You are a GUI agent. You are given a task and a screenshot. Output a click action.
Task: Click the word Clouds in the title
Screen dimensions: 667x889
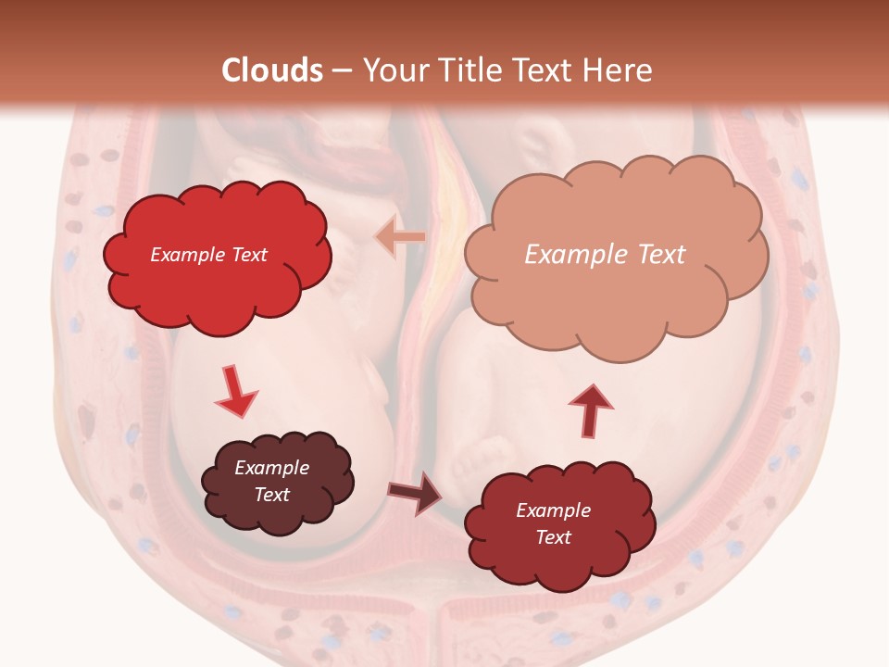click(272, 70)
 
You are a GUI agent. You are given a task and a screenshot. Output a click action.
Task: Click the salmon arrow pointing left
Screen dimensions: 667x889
click(400, 237)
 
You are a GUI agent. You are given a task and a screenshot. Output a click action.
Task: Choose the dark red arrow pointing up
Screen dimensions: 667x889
click(590, 409)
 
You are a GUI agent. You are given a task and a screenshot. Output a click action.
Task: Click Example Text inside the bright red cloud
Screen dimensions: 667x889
click(208, 255)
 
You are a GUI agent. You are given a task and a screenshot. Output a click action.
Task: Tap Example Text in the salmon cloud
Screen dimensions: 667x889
click(605, 255)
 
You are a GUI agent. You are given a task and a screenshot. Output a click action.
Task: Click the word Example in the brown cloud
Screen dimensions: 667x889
click(271, 468)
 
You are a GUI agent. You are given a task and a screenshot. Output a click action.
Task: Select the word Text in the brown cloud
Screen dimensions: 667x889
click(271, 495)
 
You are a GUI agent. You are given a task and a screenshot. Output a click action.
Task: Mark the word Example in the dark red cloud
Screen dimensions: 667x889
click(553, 510)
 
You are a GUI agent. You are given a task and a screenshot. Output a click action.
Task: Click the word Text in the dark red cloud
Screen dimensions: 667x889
click(553, 537)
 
